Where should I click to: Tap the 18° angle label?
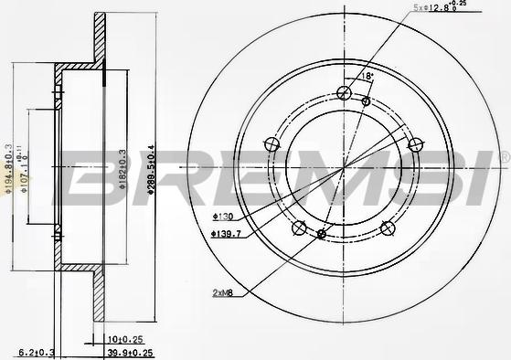click(368, 77)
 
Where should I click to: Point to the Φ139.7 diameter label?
click(226, 234)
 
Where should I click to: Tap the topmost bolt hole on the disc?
click(343, 92)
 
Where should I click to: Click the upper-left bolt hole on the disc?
click(271, 143)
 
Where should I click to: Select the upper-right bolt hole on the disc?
click(414, 143)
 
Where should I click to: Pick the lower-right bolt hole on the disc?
click(387, 228)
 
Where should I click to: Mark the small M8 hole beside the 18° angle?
click(366, 101)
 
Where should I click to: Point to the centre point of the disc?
click(343, 168)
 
